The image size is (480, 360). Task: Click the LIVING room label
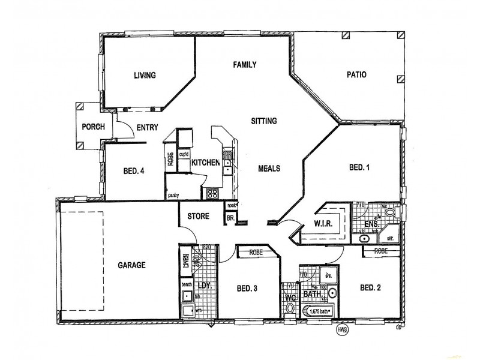(144, 76)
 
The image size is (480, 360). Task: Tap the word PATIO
(356, 75)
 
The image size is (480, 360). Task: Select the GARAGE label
(132, 264)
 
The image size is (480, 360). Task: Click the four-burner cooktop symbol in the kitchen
(213, 193)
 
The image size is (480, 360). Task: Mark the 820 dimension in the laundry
(207, 247)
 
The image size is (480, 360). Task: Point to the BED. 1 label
(359, 168)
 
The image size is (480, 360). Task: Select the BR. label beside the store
(230, 220)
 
